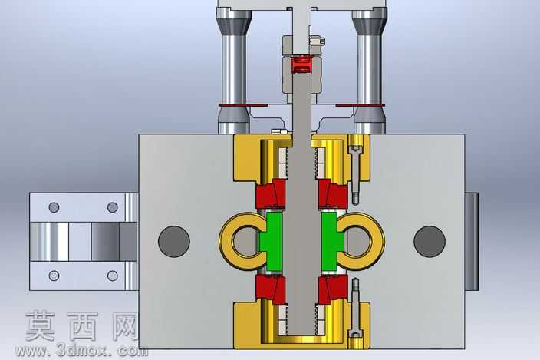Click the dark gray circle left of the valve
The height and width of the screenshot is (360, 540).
tap(174, 241)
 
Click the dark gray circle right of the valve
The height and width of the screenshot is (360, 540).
tap(430, 241)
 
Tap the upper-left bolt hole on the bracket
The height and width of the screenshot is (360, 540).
tap(54, 207)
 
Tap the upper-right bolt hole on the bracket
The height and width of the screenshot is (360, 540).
tap(113, 207)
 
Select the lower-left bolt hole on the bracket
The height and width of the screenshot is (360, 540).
tap(54, 276)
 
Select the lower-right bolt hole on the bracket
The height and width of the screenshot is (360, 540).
tap(113, 276)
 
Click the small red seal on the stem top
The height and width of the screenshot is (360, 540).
tap(301, 65)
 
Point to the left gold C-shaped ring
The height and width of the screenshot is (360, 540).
tap(226, 241)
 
